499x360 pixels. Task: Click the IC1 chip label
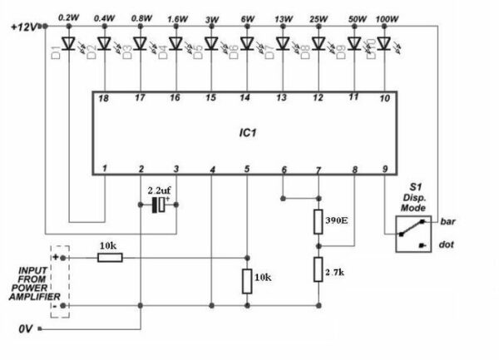pyautogui.click(x=247, y=132)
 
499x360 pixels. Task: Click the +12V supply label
pyautogui.click(x=22, y=27)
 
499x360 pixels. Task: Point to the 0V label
pyautogui.click(x=26, y=330)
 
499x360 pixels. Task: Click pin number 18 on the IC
pyautogui.click(x=103, y=97)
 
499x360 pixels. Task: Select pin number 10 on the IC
pyautogui.click(x=384, y=98)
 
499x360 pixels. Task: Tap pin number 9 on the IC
pyautogui.click(x=384, y=169)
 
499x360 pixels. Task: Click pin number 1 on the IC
pyautogui.click(x=104, y=169)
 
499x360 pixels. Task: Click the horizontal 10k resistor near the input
pyautogui.click(x=110, y=259)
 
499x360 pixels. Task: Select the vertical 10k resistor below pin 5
pyautogui.click(x=247, y=282)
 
